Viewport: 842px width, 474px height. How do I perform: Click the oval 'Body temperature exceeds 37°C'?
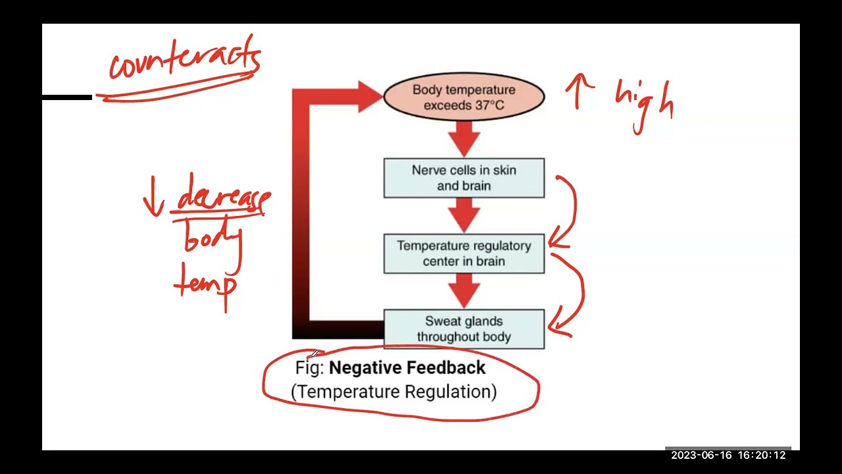click(x=464, y=97)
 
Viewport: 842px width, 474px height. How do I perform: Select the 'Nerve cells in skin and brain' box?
click(x=464, y=178)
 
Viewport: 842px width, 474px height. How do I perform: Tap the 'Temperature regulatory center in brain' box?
click(x=464, y=253)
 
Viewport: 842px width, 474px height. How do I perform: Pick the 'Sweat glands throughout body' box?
click(x=464, y=329)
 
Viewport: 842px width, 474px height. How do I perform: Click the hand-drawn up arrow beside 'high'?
click(x=579, y=90)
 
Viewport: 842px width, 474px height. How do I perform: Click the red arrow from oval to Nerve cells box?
click(x=464, y=140)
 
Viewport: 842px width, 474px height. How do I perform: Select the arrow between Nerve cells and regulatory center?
click(x=464, y=216)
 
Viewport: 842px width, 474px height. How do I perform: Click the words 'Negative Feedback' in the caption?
click(x=407, y=367)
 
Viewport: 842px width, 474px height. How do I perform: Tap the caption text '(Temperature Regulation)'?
click(x=393, y=392)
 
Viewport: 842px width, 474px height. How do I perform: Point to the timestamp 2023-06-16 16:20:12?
click(x=728, y=455)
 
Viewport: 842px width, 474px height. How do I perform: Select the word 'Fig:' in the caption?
click(x=309, y=368)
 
